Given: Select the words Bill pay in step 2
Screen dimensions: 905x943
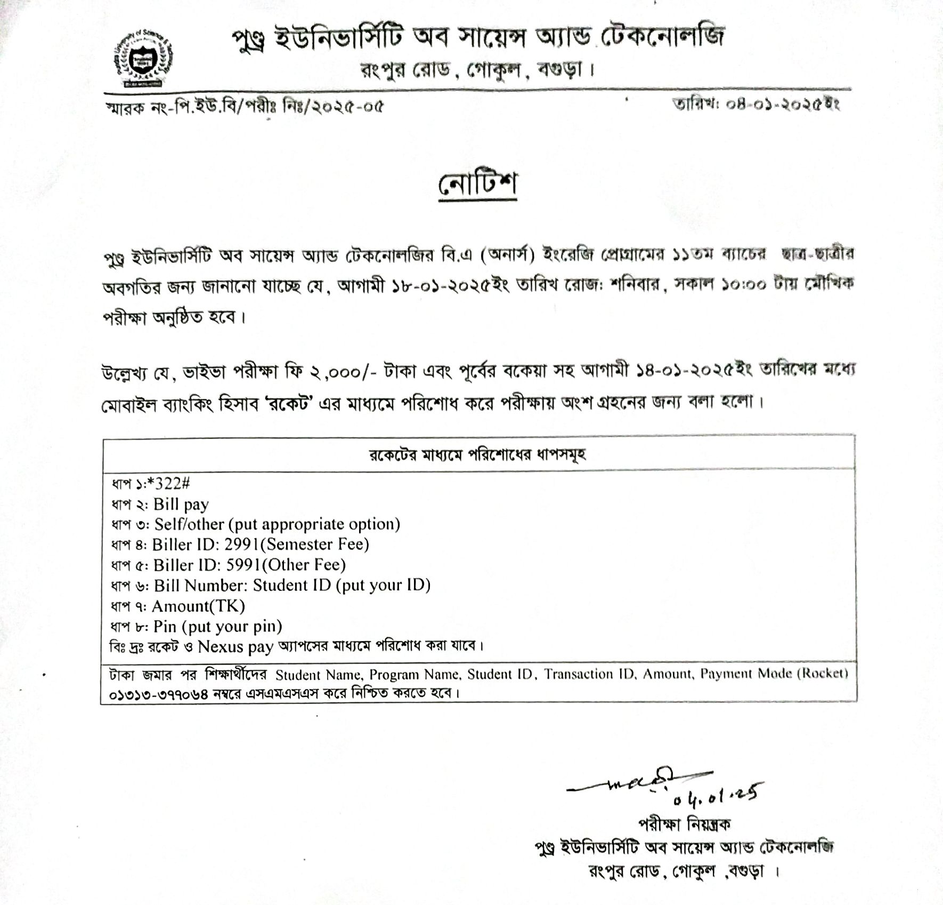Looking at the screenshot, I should pyautogui.click(x=181, y=504).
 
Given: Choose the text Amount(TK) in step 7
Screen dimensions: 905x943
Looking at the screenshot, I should pyautogui.click(x=198, y=606).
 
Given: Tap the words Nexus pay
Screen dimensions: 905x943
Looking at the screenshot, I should pyautogui.click(x=235, y=647).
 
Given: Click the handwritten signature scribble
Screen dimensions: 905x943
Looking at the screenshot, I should pyautogui.click(x=634, y=782).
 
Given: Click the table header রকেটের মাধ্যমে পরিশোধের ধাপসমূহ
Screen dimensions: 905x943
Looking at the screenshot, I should pyautogui.click(x=478, y=455).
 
